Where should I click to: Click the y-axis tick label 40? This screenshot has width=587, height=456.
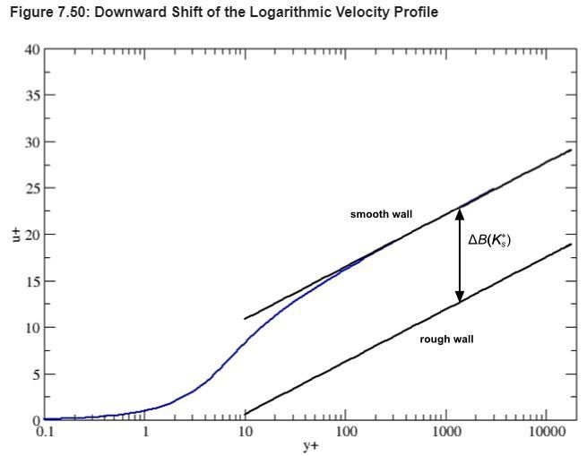tap(32, 48)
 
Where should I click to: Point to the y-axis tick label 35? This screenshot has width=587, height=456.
tap(32, 95)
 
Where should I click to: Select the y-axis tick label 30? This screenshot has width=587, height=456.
tap(32, 142)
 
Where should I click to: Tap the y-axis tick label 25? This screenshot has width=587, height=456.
tap(32, 188)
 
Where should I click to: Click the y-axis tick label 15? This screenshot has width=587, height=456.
tap(32, 281)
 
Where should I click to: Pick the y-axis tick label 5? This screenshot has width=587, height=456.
tap(36, 374)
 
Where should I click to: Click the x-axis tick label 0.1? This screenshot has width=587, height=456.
tap(45, 432)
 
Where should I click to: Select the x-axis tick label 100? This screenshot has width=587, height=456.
tap(346, 432)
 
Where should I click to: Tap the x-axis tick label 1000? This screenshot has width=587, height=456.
tap(446, 432)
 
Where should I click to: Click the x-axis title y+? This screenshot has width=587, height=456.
tap(310, 444)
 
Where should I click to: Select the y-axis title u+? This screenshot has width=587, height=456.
tap(14, 235)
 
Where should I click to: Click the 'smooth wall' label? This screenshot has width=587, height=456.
tap(381, 215)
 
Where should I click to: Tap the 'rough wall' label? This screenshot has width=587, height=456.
tap(446, 340)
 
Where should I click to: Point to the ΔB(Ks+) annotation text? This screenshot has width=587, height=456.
tap(489, 240)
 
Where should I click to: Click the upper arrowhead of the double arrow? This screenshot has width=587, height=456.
tap(460, 213)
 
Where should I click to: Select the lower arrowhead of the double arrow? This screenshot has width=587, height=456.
tap(460, 296)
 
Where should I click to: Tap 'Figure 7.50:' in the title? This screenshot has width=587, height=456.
tap(42, 13)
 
